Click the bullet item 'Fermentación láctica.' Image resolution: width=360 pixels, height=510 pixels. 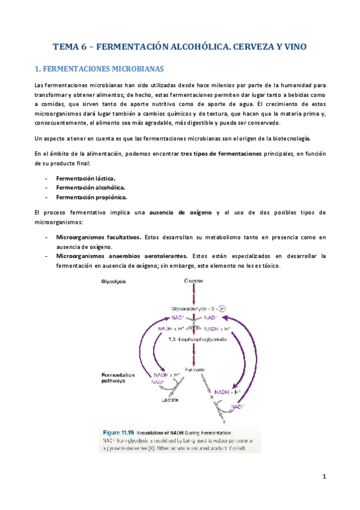[x=85, y=178]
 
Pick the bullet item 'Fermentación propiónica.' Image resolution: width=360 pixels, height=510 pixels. [x=91, y=197]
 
